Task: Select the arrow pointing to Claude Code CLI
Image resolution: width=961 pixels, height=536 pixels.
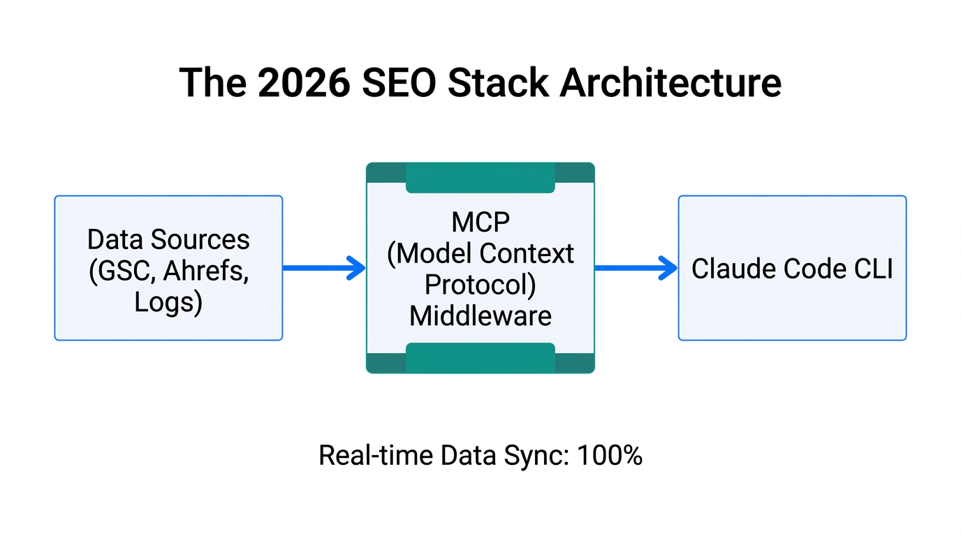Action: click(x=636, y=267)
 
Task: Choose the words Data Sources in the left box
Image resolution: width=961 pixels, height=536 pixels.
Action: click(x=168, y=239)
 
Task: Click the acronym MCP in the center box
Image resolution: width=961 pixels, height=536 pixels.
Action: click(x=480, y=223)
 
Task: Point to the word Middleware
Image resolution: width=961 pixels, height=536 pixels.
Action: click(x=480, y=316)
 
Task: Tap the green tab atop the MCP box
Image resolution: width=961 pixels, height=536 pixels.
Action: click(x=480, y=179)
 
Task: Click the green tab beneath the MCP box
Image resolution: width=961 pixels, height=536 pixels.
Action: click(x=480, y=357)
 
